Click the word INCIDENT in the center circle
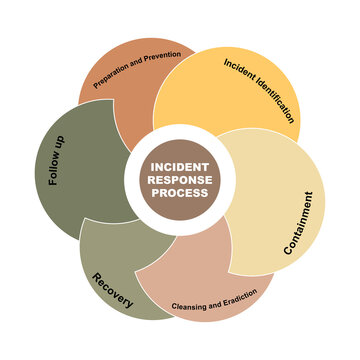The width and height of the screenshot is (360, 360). [180, 168]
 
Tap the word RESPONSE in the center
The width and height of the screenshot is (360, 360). [180, 181]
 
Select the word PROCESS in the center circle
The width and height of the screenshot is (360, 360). [180, 194]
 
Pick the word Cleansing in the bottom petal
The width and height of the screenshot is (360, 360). [190, 303]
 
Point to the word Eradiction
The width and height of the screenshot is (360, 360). [238, 294]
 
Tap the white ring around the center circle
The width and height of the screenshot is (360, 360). [180, 132]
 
